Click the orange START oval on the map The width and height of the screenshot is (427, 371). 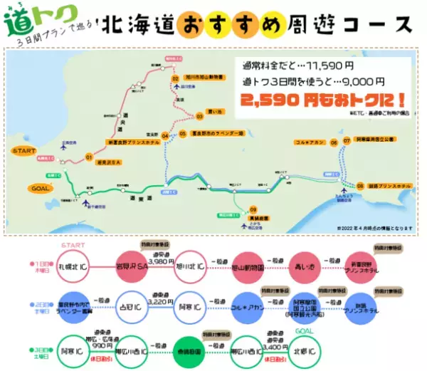click(25, 151)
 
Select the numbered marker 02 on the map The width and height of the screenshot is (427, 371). click(174, 78)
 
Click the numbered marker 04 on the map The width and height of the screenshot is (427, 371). click(165, 135)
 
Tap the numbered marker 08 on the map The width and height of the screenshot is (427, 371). click(340, 184)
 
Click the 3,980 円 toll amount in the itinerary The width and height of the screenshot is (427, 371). click(161, 258)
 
